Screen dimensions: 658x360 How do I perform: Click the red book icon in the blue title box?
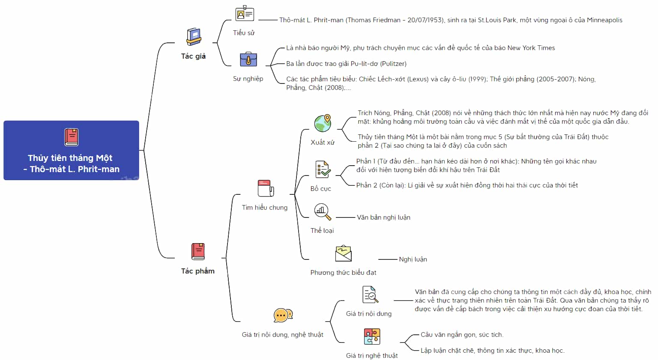coord(72,137)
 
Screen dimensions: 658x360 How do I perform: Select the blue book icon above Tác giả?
coord(194,37)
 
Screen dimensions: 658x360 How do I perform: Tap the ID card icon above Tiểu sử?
coord(245,13)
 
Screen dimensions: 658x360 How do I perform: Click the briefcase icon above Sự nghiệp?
coord(248,60)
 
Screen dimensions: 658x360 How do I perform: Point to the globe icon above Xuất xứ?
coord(323,123)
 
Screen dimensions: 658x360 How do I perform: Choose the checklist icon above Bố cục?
coord(323,170)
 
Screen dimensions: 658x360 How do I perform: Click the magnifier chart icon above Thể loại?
coord(323,211)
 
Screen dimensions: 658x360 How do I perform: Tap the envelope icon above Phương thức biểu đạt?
coord(344,253)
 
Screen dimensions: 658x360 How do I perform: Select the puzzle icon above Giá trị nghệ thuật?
coord(372,336)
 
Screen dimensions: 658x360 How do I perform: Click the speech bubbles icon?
coord(283,315)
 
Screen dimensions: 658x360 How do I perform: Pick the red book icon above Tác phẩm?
coord(198,252)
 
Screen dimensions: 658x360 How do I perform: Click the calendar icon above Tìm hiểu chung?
coord(266,188)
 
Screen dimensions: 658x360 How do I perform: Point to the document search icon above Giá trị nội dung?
coord(370,294)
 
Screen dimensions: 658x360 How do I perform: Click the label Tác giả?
coord(193,56)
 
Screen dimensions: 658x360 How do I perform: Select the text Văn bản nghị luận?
coord(383,217)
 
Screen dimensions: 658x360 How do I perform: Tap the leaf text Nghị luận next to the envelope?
coord(413,259)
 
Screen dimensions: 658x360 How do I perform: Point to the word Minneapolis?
coord(604,20)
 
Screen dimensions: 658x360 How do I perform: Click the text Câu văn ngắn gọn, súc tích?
coord(462,335)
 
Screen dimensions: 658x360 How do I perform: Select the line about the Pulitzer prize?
coord(346,64)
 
